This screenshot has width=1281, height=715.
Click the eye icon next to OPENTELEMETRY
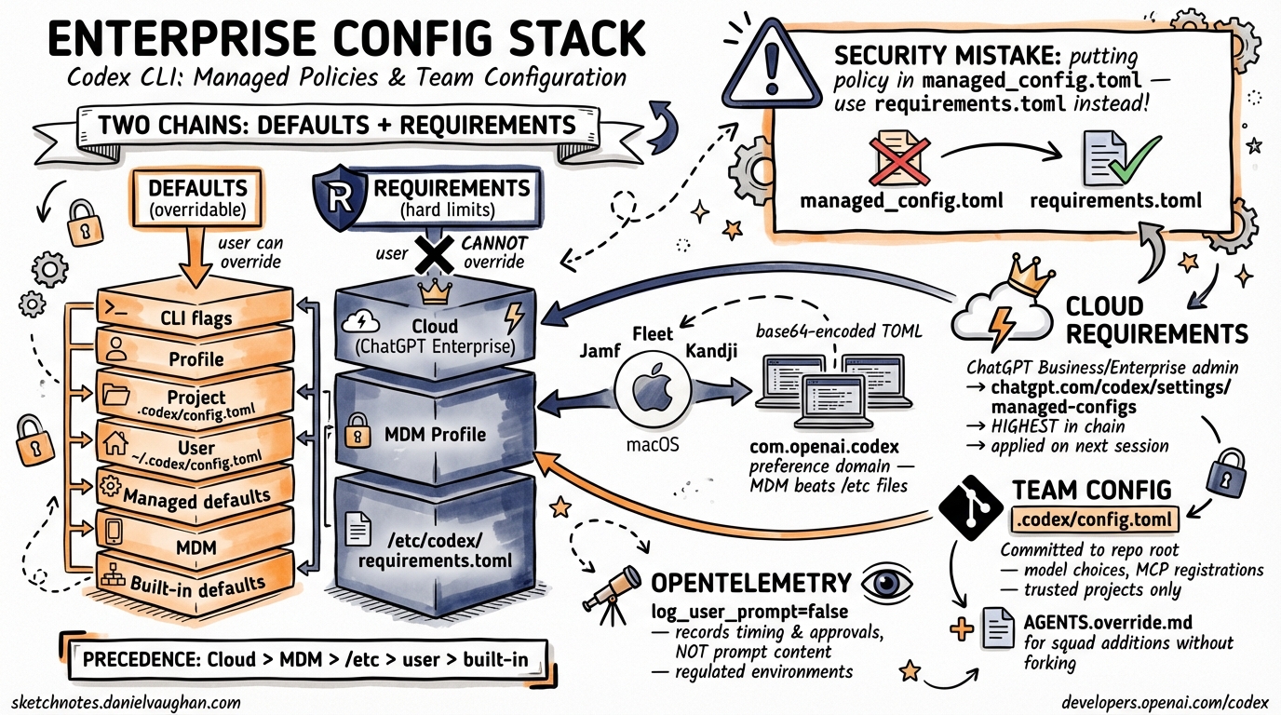pyautogui.click(x=881, y=584)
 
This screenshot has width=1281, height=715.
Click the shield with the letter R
pyautogui.click(x=338, y=199)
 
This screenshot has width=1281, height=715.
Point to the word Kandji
pyautogui.click(x=712, y=351)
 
